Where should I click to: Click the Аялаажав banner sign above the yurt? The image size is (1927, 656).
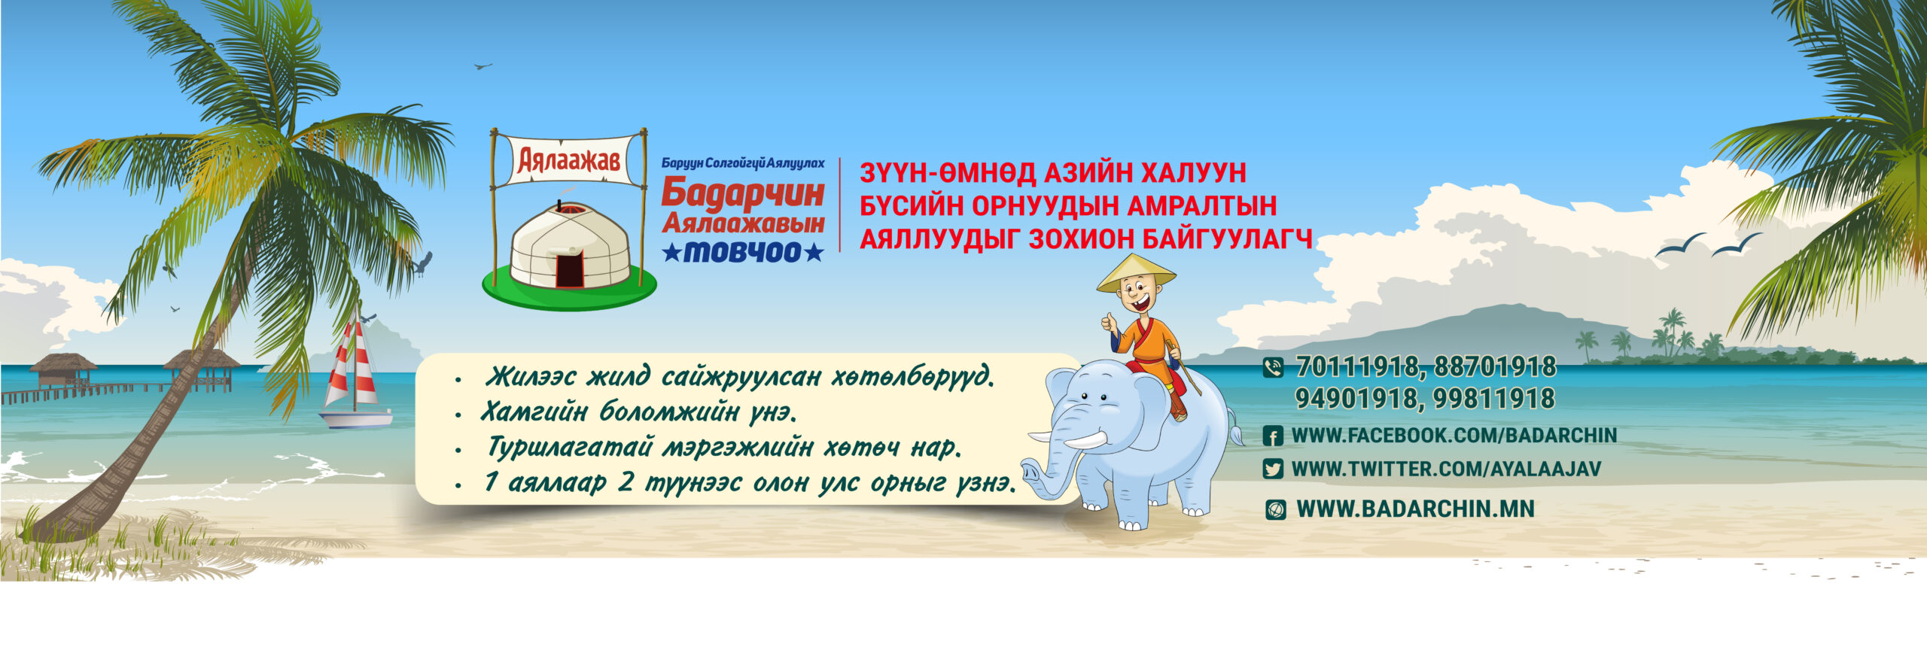coord(569,160)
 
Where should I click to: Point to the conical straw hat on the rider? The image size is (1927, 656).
coord(1135,273)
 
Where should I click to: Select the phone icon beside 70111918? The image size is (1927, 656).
coord(1273,367)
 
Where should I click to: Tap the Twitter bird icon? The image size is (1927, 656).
coord(1273,469)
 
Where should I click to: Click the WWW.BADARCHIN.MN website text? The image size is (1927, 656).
coord(1415,509)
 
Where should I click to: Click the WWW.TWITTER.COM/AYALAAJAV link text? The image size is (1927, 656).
coord(1446,469)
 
